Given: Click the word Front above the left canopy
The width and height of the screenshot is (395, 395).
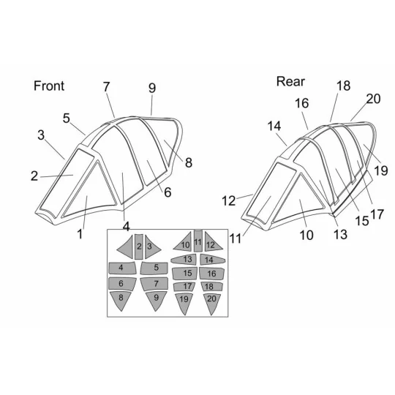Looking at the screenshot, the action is point(49,86).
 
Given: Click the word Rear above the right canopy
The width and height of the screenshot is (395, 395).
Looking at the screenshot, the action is point(290,81).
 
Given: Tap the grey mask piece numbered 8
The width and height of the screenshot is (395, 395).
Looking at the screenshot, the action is point(121,301).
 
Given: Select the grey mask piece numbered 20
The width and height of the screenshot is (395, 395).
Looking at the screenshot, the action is point(212,302).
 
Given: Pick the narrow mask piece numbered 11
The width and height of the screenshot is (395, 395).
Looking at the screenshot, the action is point(198,241).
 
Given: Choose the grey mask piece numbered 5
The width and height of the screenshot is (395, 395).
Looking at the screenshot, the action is point(154,268).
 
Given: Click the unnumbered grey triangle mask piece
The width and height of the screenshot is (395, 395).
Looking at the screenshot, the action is point(127,247).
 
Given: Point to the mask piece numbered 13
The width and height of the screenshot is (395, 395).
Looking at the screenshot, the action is point(184,260).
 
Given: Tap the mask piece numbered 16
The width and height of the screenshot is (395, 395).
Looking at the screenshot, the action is point(211,274).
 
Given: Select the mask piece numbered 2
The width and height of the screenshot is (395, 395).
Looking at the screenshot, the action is point(139,247).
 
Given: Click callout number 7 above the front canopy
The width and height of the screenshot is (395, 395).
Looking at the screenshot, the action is point(106,87).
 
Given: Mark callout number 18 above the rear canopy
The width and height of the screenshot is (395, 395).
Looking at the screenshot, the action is point(343,86).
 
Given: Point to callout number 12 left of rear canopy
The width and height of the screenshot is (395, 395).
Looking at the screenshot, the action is point(228,201).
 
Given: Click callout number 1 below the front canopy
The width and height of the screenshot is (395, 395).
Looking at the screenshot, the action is point(80,234).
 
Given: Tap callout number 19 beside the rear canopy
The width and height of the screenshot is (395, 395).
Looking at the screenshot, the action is point(381,170).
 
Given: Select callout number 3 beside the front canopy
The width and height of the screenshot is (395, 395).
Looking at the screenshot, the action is point(41,135).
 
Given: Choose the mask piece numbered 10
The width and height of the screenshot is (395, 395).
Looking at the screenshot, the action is point(184,242).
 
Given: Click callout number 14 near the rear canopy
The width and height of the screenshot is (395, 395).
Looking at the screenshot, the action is point(274,126).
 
